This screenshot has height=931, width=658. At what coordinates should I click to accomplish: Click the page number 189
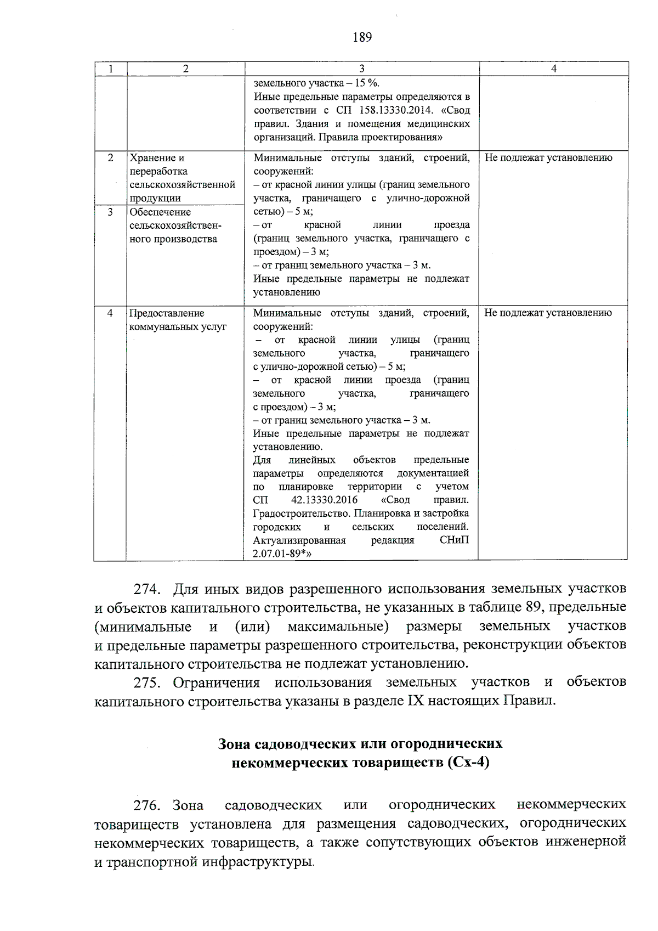[x=362, y=37]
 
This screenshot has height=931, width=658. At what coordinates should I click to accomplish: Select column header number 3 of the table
[x=362, y=69]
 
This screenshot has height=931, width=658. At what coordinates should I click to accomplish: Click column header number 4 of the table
[x=554, y=69]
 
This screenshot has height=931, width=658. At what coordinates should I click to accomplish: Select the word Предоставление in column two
[x=167, y=313]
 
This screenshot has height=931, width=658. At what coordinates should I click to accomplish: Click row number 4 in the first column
[x=110, y=313]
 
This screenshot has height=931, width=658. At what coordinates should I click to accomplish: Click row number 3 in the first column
[x=110, y=212]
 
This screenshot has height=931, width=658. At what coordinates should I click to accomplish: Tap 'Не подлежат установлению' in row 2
[x=548, y=158]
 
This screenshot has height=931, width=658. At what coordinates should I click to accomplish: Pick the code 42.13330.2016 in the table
[x=324, y=500]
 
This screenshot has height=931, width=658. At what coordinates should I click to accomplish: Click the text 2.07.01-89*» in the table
[x=282, y=554]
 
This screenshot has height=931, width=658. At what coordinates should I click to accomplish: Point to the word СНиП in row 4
[x=455, y=540]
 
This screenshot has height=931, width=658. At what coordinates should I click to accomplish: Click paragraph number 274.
[x=147, y=590]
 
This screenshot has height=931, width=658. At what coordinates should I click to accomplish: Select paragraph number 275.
[x=147, y=683]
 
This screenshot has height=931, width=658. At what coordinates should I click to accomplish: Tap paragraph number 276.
[x=147, y=805]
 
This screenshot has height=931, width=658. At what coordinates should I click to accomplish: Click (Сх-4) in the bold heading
[x=468, y=763]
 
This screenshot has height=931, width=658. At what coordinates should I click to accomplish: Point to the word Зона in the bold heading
[x=233, y=744]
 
